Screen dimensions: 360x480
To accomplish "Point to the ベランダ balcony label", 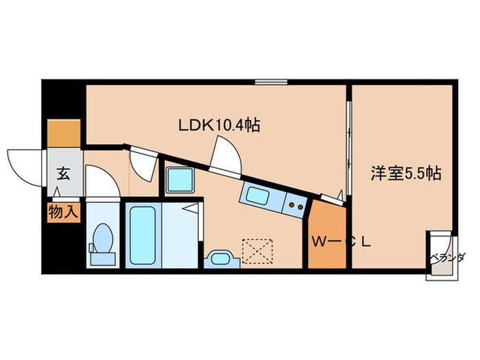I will point(448,257).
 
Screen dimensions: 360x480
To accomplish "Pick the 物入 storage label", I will point(63,212).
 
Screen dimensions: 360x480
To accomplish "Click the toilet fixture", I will point(104,243).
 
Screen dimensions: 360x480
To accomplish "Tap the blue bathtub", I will point(142,235).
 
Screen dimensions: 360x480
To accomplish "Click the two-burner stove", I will point(296,203).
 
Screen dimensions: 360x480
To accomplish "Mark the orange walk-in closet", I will point(326,237).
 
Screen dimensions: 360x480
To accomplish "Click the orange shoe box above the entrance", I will point(64,134).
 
